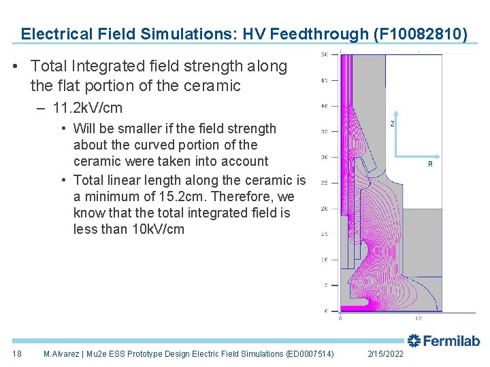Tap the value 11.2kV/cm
(x=87, y=109)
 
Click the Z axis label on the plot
(x=392, y=124)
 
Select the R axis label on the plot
(x=429, y=164)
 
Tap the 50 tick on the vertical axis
(x=325, y=54)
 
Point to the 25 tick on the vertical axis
(x=325, y=183)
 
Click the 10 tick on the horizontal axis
(x=418, y=317)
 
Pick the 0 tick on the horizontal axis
(x=340, y=317)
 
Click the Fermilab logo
(x=444, y=341)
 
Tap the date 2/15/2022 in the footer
(x=385, y=354)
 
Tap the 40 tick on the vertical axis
(x=325, y=105)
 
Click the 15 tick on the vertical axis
(x=325, y=234)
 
